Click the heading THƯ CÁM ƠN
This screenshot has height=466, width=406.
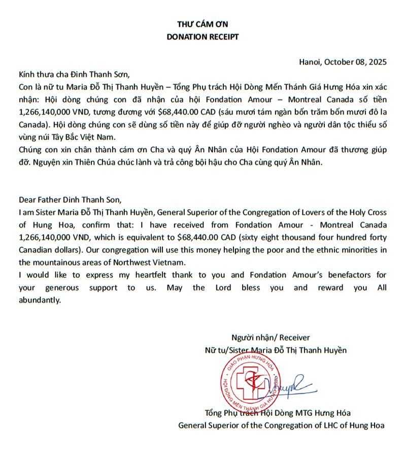(x=202, y=24)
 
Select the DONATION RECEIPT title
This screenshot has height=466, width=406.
(x=202, y=37)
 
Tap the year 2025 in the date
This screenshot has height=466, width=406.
(x=376, y=62)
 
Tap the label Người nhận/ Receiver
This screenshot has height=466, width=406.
(x=270, y=338)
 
